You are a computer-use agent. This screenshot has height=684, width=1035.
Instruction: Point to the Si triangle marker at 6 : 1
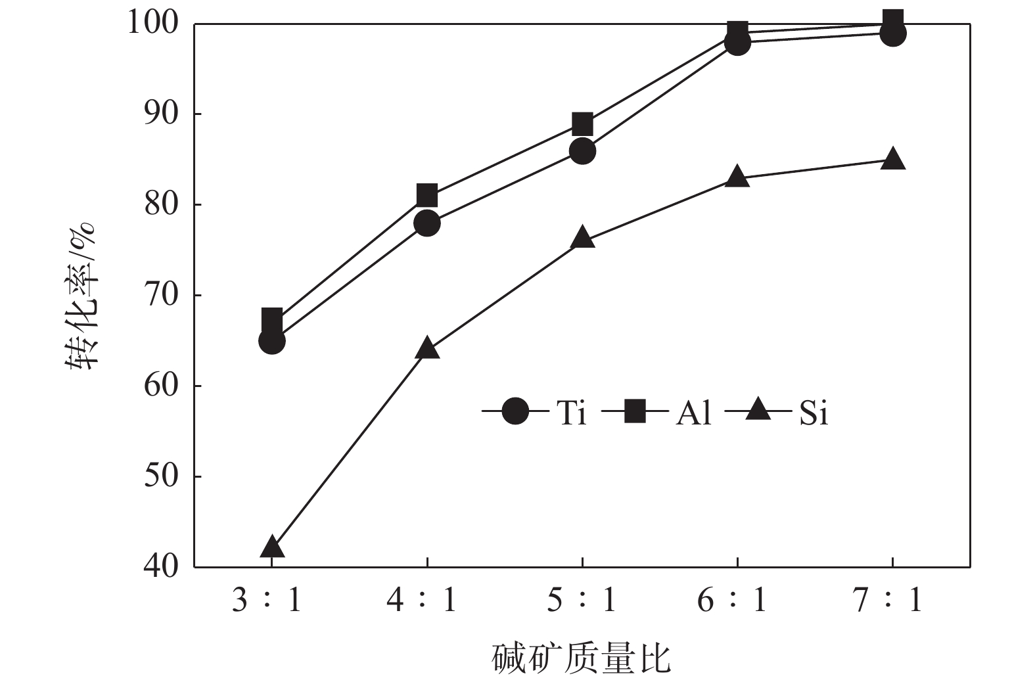pos(737,177)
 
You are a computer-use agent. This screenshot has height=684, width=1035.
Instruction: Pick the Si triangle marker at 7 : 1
pos(892,160)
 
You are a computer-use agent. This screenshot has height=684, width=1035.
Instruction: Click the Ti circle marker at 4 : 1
pos(427,223)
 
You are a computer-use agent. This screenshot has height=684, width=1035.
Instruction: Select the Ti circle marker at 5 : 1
pos(582,152)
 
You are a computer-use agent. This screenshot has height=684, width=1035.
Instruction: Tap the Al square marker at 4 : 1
pos(427,196)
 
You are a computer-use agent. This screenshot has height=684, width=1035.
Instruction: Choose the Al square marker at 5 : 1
pos(582,124)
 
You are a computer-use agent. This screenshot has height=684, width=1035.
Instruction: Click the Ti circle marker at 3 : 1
pos(272,341)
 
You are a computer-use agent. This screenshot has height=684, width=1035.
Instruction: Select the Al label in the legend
pos(693,413)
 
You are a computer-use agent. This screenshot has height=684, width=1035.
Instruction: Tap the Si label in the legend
pos(814,413)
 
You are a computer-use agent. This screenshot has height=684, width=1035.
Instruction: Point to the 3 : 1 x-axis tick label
pos(266,600)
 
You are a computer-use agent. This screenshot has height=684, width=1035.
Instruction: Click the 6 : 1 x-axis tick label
pos(731,600)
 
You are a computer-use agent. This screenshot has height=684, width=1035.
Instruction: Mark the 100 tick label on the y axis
pos(152,24)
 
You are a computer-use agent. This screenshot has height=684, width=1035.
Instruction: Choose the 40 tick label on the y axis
pos(161,566)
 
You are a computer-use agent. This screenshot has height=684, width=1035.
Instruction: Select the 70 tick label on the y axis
pos(161,295)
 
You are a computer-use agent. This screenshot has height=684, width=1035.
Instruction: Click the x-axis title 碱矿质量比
pos(582,659)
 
